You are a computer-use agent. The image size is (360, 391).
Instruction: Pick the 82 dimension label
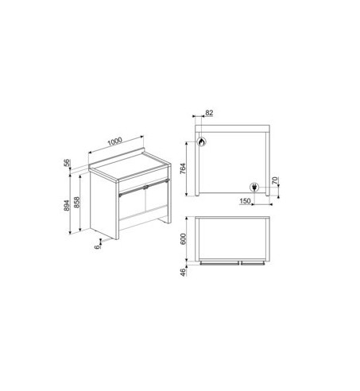pos(209,114)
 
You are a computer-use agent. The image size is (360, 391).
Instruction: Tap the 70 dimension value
pos(275,181)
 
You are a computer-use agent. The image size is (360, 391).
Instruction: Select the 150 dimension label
pos(245,201)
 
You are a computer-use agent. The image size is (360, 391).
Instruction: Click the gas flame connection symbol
pos(202,143)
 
